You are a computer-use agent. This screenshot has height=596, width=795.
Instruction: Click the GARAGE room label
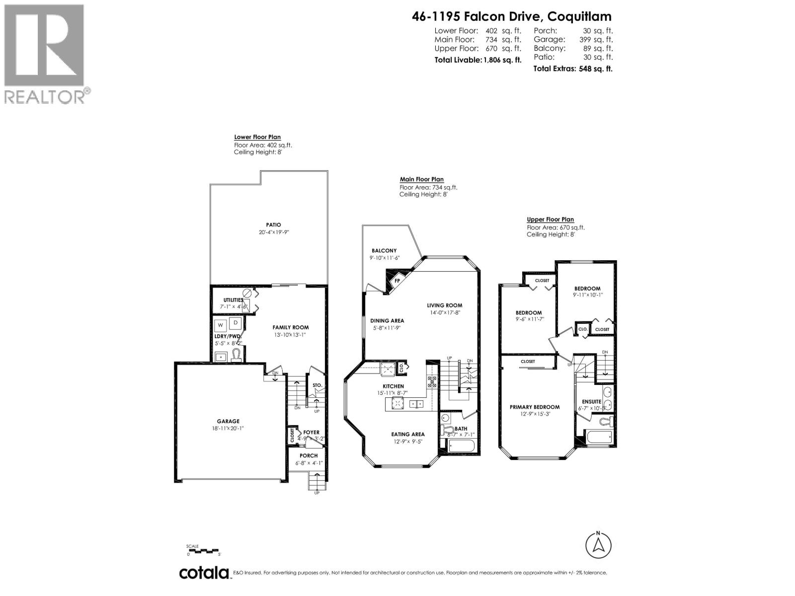pyautogui.click(x=228, y=421)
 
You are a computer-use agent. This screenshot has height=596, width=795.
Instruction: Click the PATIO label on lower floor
pyautogui.click(x=273, y=225)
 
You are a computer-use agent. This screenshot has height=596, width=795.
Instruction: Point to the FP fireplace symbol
pyautogui.click(x=397, y=281)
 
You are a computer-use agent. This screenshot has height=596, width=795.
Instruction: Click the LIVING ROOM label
pyautogui.click(x=444, y=305)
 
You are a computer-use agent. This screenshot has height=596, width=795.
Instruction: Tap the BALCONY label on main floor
pyautogui.click(x=384, y=251)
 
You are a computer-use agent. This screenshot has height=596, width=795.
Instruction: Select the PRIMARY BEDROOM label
pyautogui.click(x=535, y=407)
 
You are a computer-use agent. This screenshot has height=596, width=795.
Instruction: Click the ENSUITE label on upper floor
pyautogui.click(x=591, y=401)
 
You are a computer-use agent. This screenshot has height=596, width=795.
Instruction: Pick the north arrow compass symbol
pyautogui.click(x=598, y=545)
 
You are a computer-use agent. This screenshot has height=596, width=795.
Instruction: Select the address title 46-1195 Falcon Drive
pyautogui.click(x=511, y=16)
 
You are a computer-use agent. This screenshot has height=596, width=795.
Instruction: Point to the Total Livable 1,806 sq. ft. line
pyautogui.click(x=477, y=60)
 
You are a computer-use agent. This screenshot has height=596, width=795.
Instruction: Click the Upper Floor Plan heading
pyautogui.click(x=550, y=220)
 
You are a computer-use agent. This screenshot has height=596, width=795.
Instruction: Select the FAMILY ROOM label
pyautogui.click(x=290, y=327)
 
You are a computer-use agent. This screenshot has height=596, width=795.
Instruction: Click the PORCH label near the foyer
pyautogui.click(x=309, y=455)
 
